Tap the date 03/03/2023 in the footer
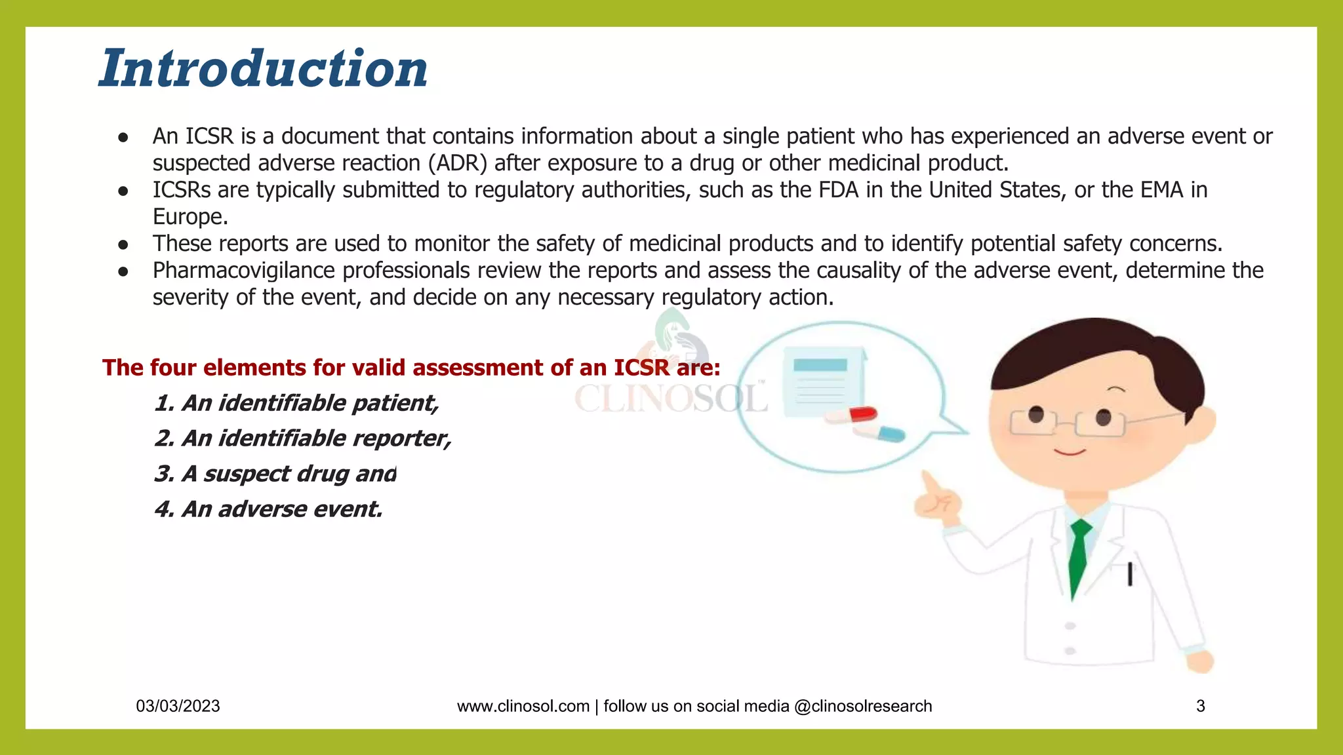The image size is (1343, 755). point(178,706)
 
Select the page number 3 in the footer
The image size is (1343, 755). point(1200,706)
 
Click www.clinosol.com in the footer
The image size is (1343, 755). point(523,706)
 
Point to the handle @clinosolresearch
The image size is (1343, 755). point(862,706)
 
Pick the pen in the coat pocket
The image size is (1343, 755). point(1130,574)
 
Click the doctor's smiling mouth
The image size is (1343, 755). point(1070,451)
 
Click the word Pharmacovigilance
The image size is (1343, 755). point(245,271)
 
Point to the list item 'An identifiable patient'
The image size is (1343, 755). point(296,403)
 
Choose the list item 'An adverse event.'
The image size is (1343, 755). point(269,509)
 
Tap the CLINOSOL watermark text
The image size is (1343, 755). point(670,398)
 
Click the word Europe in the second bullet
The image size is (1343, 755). point(190,217)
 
